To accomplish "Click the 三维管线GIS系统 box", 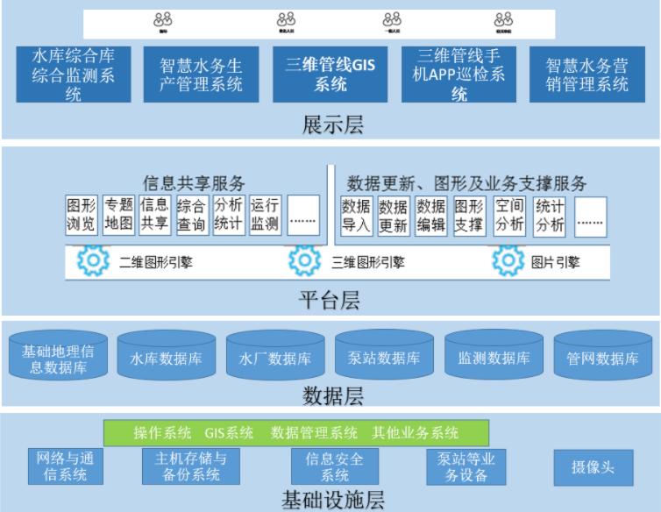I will tap(330, 75).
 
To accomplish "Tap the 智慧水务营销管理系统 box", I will tap(586, 75).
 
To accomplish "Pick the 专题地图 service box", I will tap(118, 215).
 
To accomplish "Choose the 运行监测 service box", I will tap(265, 215).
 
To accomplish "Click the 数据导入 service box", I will tap(356, 216).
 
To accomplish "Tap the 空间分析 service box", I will tap(509, 216).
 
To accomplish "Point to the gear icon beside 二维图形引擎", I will tap(90, 261).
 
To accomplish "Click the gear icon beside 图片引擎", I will tap(508, 261).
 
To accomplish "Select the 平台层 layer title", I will tap(330, 302).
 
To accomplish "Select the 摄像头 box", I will tap(593, 467).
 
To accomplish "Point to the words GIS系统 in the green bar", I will tap(230, 432).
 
